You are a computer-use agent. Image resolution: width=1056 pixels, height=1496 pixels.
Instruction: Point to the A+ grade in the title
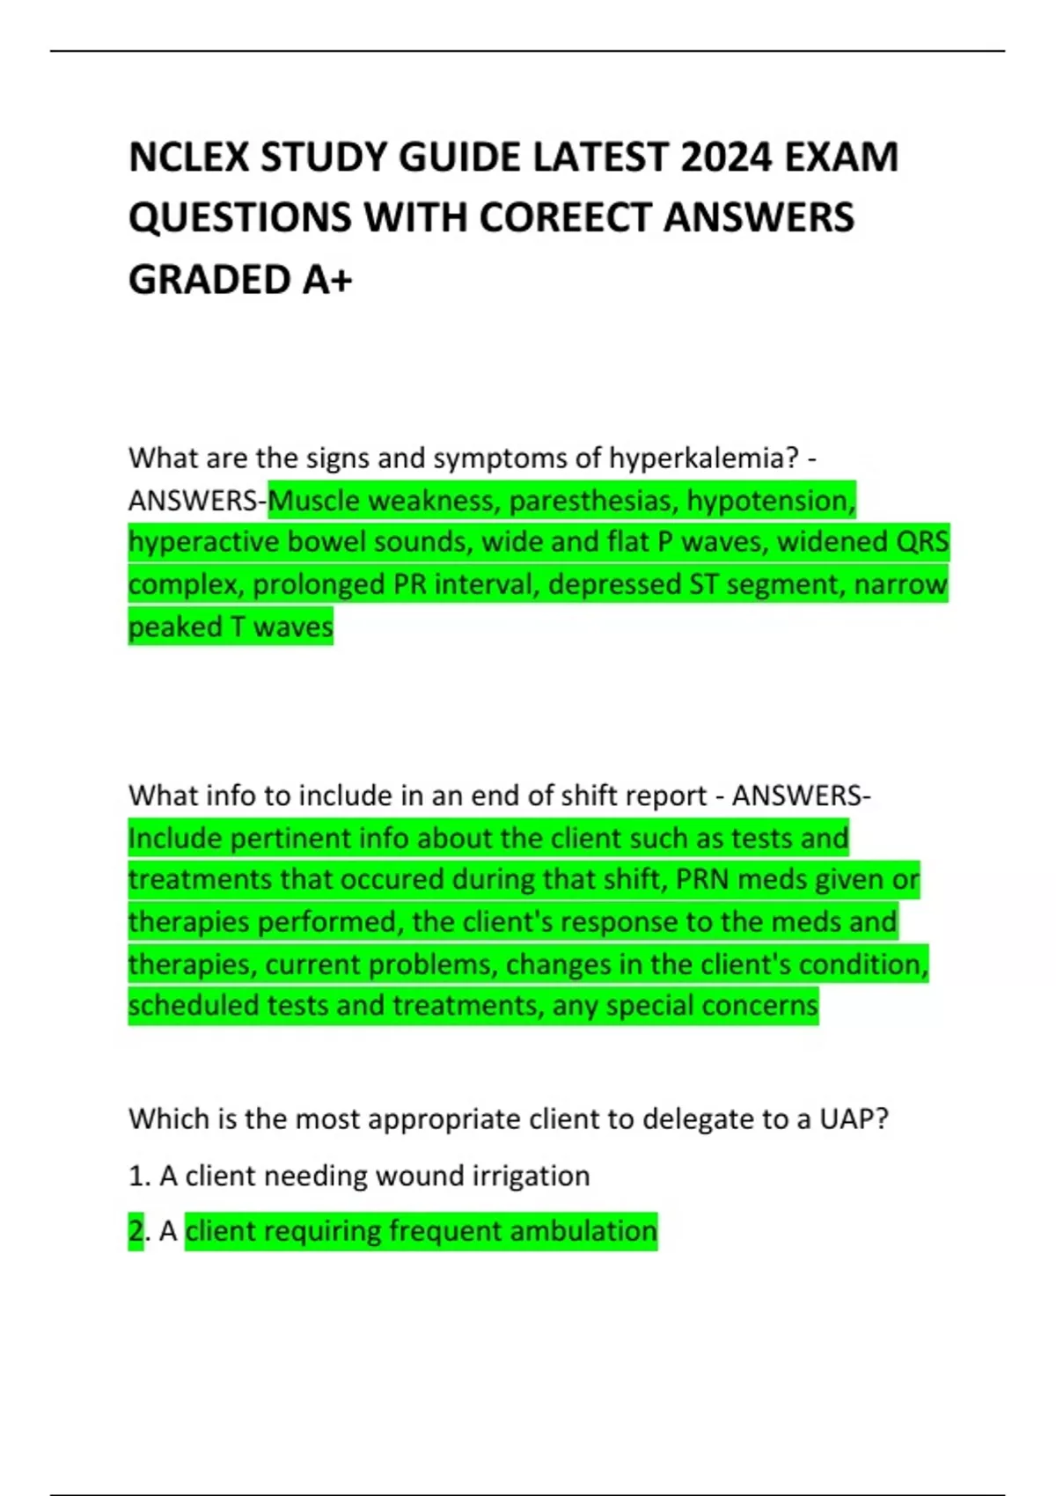[x=327, y=280]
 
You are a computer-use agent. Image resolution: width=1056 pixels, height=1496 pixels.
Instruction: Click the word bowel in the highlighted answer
[x=326, y=542]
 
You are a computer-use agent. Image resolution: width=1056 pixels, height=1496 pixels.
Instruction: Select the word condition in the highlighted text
[x=863, y=964]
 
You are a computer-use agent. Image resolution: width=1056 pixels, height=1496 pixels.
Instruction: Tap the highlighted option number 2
[x=136, y=1231]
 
